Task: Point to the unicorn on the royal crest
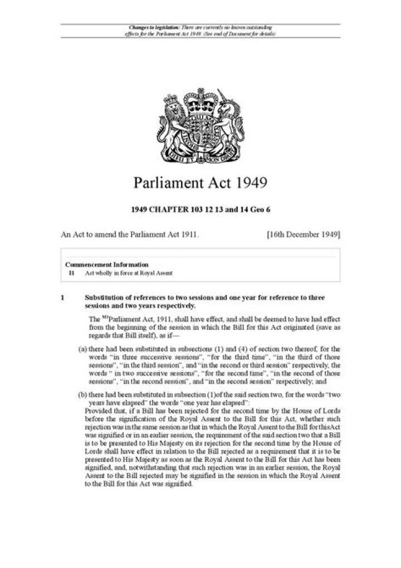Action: click(228, 119)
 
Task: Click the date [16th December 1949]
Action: click(304, 235)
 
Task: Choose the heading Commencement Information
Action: click(107, 264)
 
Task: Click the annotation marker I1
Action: click(71, 273)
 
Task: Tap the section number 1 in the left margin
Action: click(63, 298)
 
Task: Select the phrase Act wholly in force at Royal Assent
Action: click(129, 273)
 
